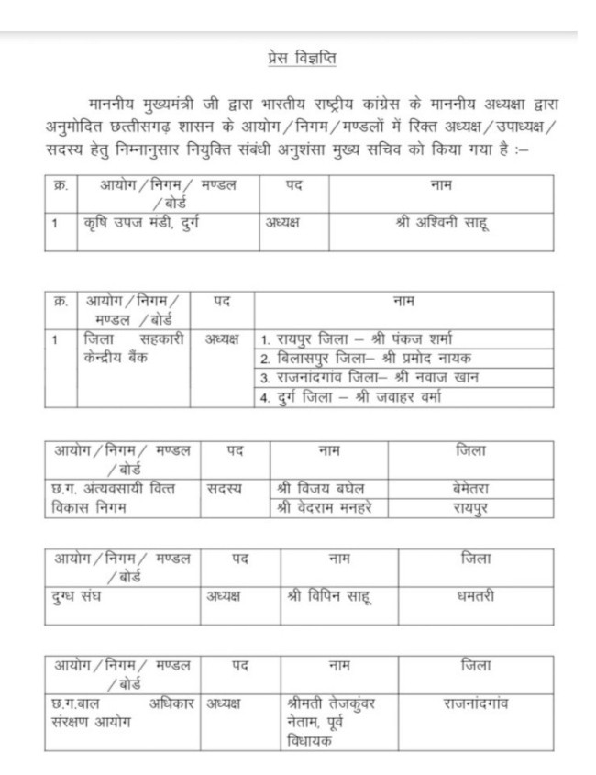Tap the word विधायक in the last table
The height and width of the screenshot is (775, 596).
309,740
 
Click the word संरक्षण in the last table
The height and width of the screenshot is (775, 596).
75,722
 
